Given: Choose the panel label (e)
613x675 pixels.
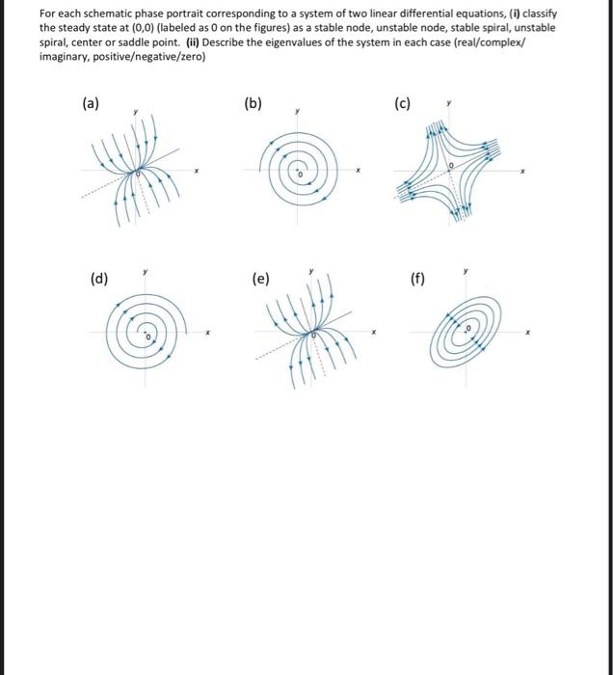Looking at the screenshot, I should pyautogui.click(x=261, y=280).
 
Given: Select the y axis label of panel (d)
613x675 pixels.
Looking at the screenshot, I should pyautogui.click(x=145, y=273).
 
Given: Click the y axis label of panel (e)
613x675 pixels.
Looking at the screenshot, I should pyautogui.click(x=310, y=273).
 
